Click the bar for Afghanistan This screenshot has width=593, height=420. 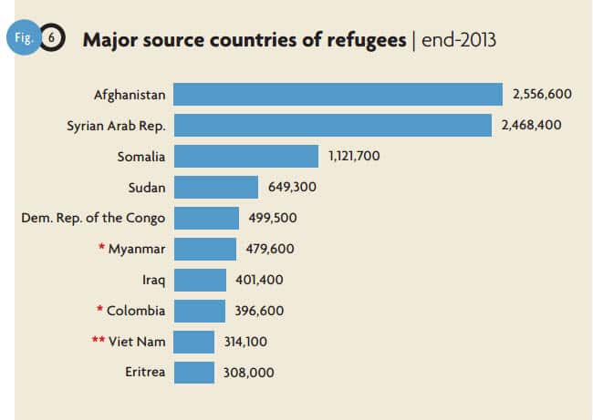pos(338,94)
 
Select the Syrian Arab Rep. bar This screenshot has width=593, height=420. pos(332,125)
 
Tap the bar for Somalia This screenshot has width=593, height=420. pos(245,156)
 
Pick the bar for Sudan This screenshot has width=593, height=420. pos(216,187)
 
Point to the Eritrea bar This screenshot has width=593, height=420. pos(193,372)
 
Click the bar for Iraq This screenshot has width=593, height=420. pos(200,280)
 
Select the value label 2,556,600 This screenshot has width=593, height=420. pos(542,94)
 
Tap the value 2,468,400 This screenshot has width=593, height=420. pos(531,125)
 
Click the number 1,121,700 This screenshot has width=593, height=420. pos(354,156)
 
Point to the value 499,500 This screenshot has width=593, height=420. pos(273,218)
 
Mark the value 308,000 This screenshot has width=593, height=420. pos(248,372)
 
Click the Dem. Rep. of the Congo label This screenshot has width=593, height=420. pos(93,218)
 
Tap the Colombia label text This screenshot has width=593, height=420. pos(136,311)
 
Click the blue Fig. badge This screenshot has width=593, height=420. pos(25,40)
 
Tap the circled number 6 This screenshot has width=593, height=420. pos(53,41)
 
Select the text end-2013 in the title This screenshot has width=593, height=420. pos(459,41)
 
